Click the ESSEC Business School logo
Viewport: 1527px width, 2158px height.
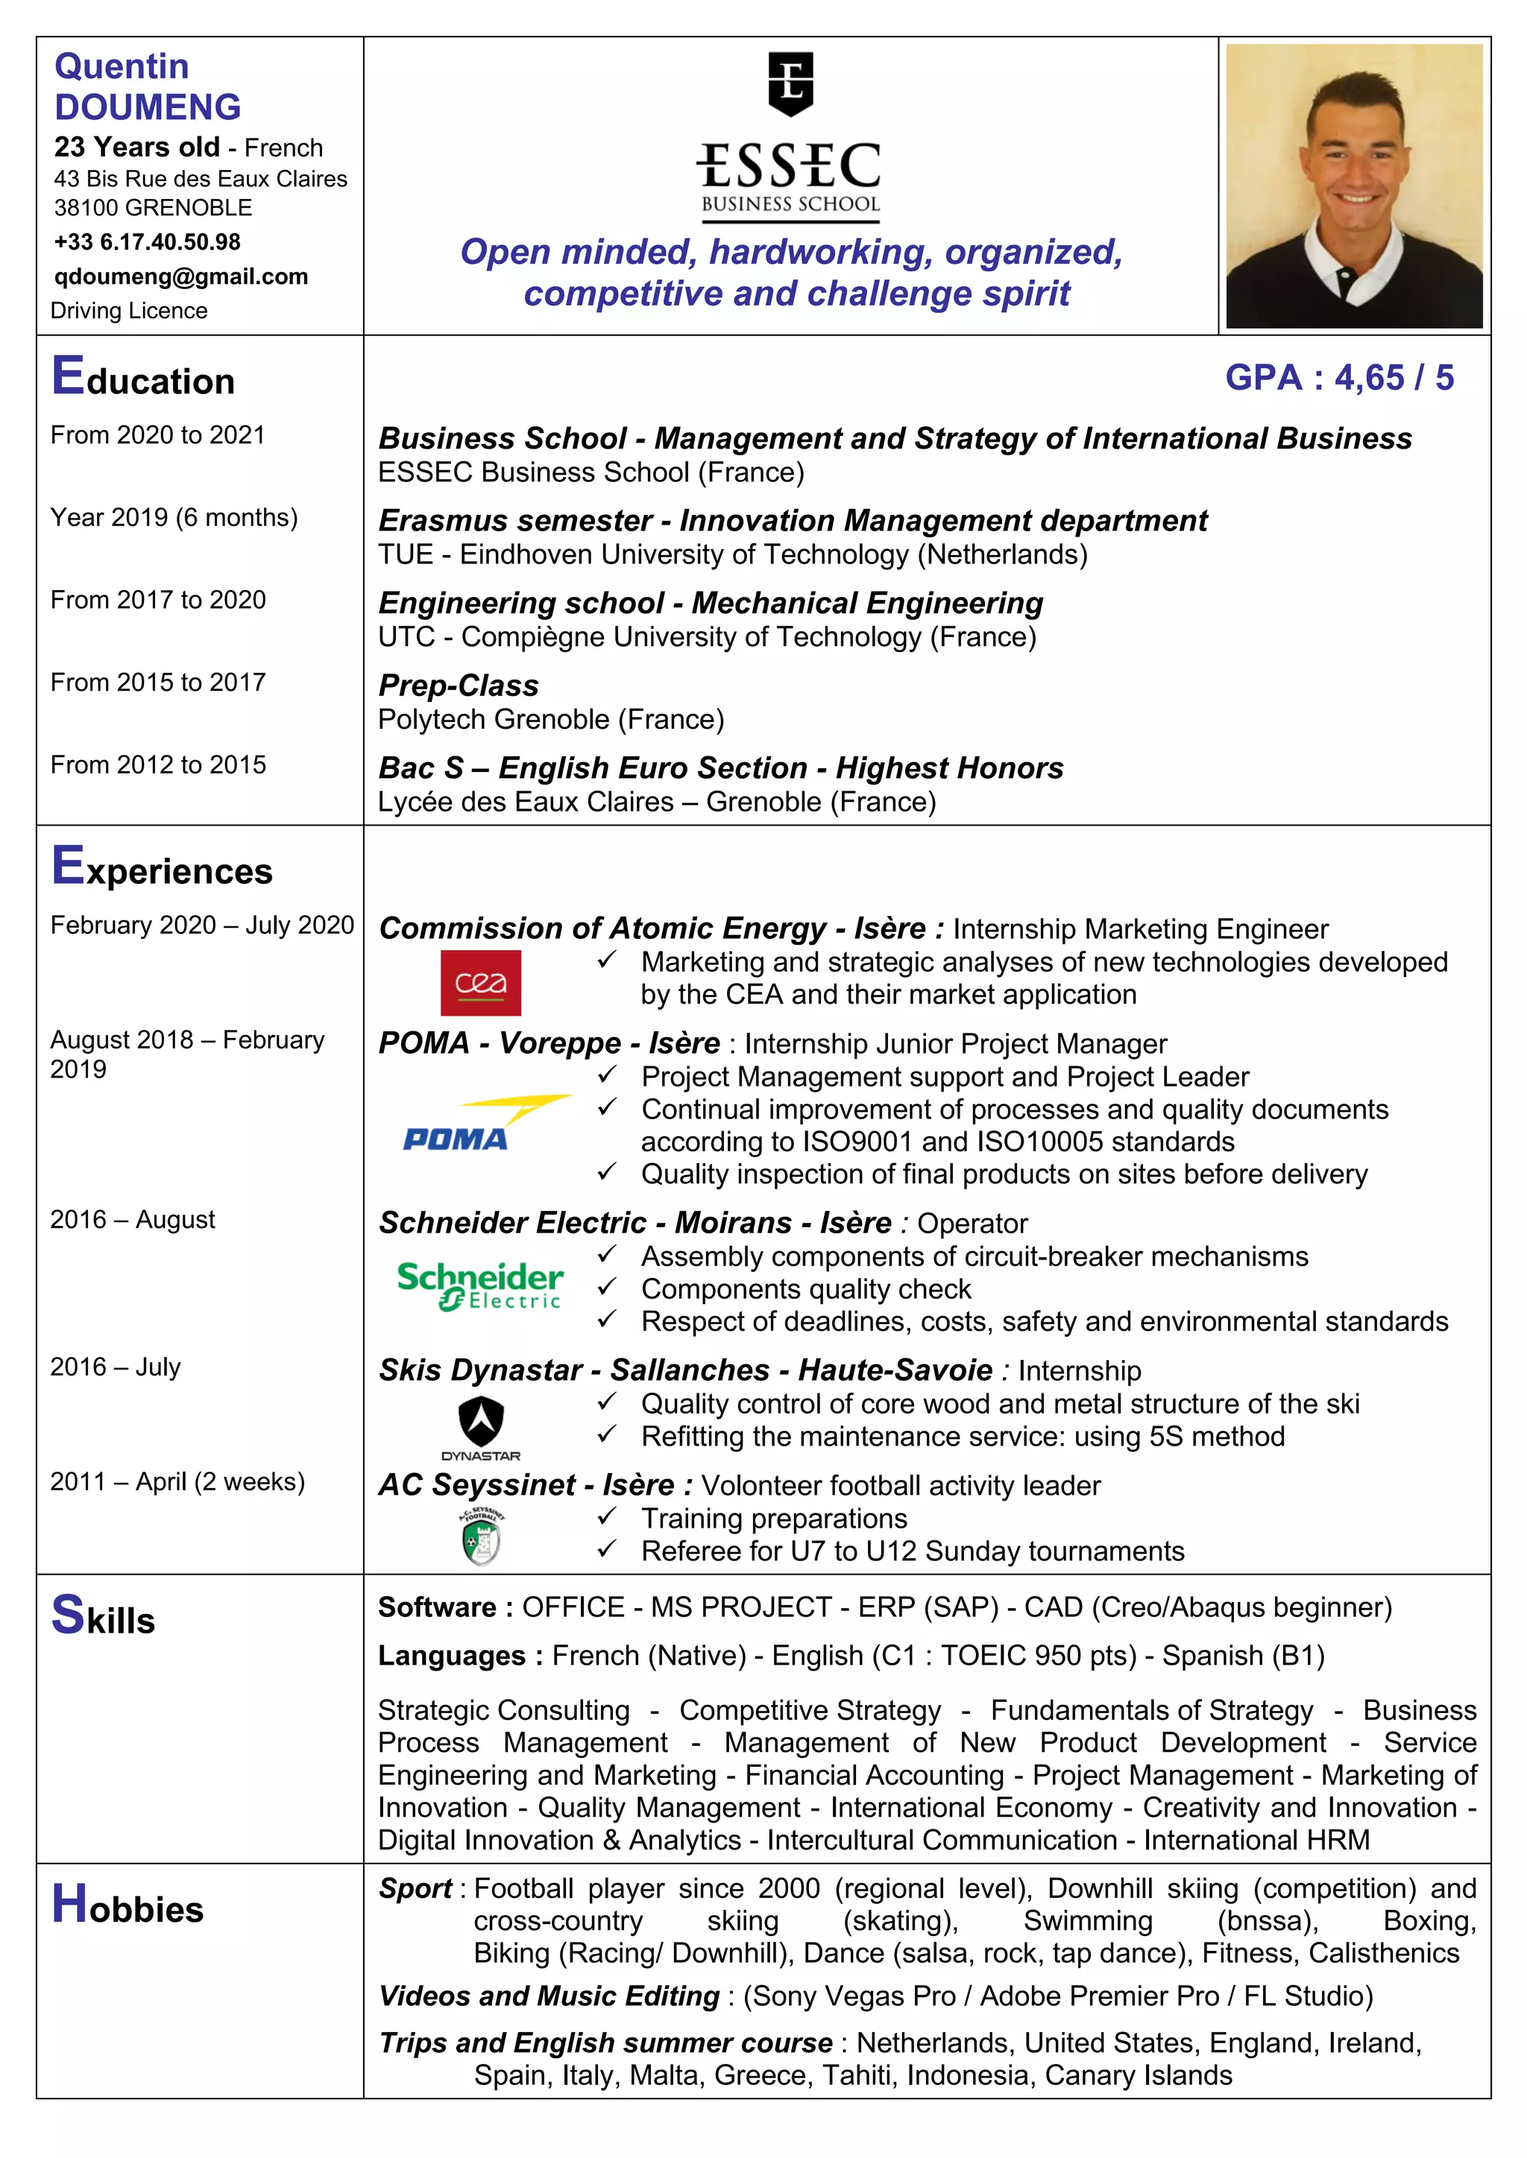coord(790,138)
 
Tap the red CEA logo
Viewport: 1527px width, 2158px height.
coord(480,982)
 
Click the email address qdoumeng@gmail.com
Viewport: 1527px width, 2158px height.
coord(180,276)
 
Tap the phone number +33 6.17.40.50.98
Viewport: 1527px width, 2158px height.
coord(147,241)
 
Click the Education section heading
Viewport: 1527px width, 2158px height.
coord(143,377)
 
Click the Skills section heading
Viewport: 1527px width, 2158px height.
coord(104,1616)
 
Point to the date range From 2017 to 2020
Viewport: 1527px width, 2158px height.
coord(158,600)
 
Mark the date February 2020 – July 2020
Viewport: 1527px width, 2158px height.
coord(202,925)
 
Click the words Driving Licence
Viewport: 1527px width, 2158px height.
coord(129,310)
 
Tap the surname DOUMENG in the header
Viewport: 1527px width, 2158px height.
coord(148,107)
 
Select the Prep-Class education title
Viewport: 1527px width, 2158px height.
coord(458,686)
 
